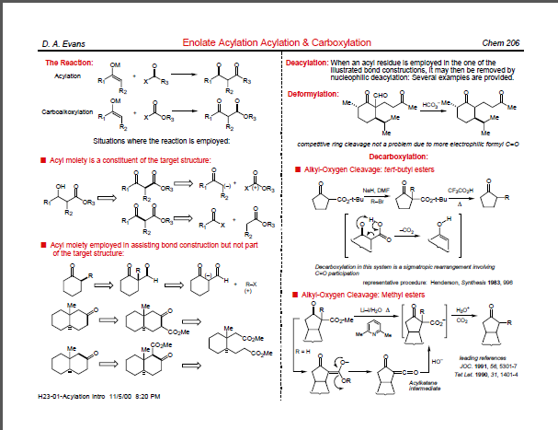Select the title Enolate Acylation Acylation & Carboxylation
pyautogui.click(x=277, y=43)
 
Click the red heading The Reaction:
pyautogui.click(x=69, y=63)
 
